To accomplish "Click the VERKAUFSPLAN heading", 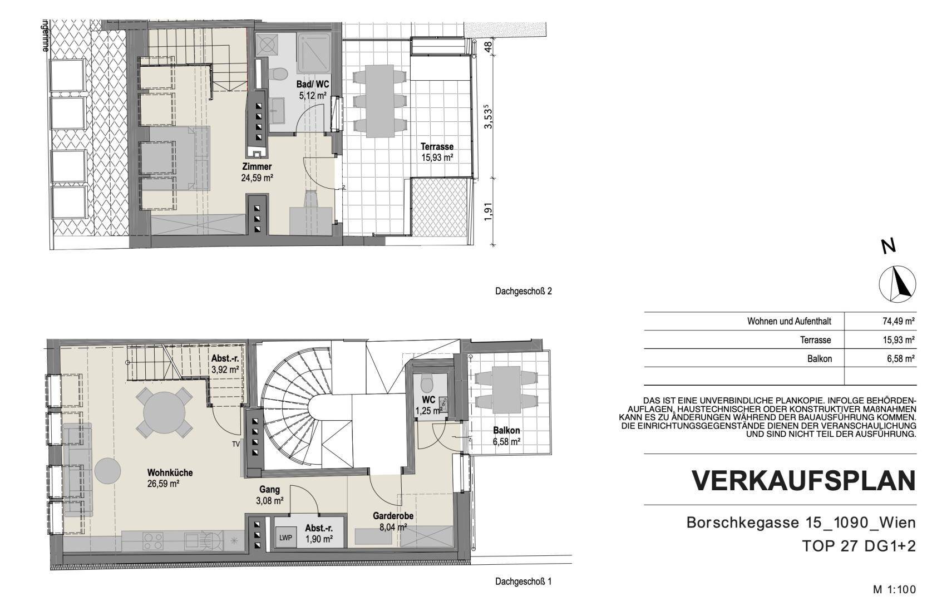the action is [x=803, y=481].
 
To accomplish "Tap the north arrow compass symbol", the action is [x=897, y=284].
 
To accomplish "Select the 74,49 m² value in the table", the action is [x=898, y=321].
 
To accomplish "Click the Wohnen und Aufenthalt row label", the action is [x=789, y=321].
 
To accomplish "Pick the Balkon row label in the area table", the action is [x=820, y=358].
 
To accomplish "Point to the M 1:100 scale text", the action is [x=894, y=589].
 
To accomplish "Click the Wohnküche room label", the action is [x=170, y=472].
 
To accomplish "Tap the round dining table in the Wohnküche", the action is [x=164, y=413].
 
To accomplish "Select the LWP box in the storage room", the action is [x=285, y=538].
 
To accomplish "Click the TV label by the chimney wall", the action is [x=236, y=444].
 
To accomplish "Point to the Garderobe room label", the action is [x=393, y=516].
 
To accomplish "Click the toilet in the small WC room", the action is [x=427, y=384].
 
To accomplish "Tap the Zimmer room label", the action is [x=257, y=167].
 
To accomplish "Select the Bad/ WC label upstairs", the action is [x=313, y=85].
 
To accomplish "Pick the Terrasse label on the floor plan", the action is [x=437, y=146].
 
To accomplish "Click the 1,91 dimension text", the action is [x=489, y=211].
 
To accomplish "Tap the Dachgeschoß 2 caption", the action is [x=524, y=292].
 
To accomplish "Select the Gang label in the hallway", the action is [x=270, y=490].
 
